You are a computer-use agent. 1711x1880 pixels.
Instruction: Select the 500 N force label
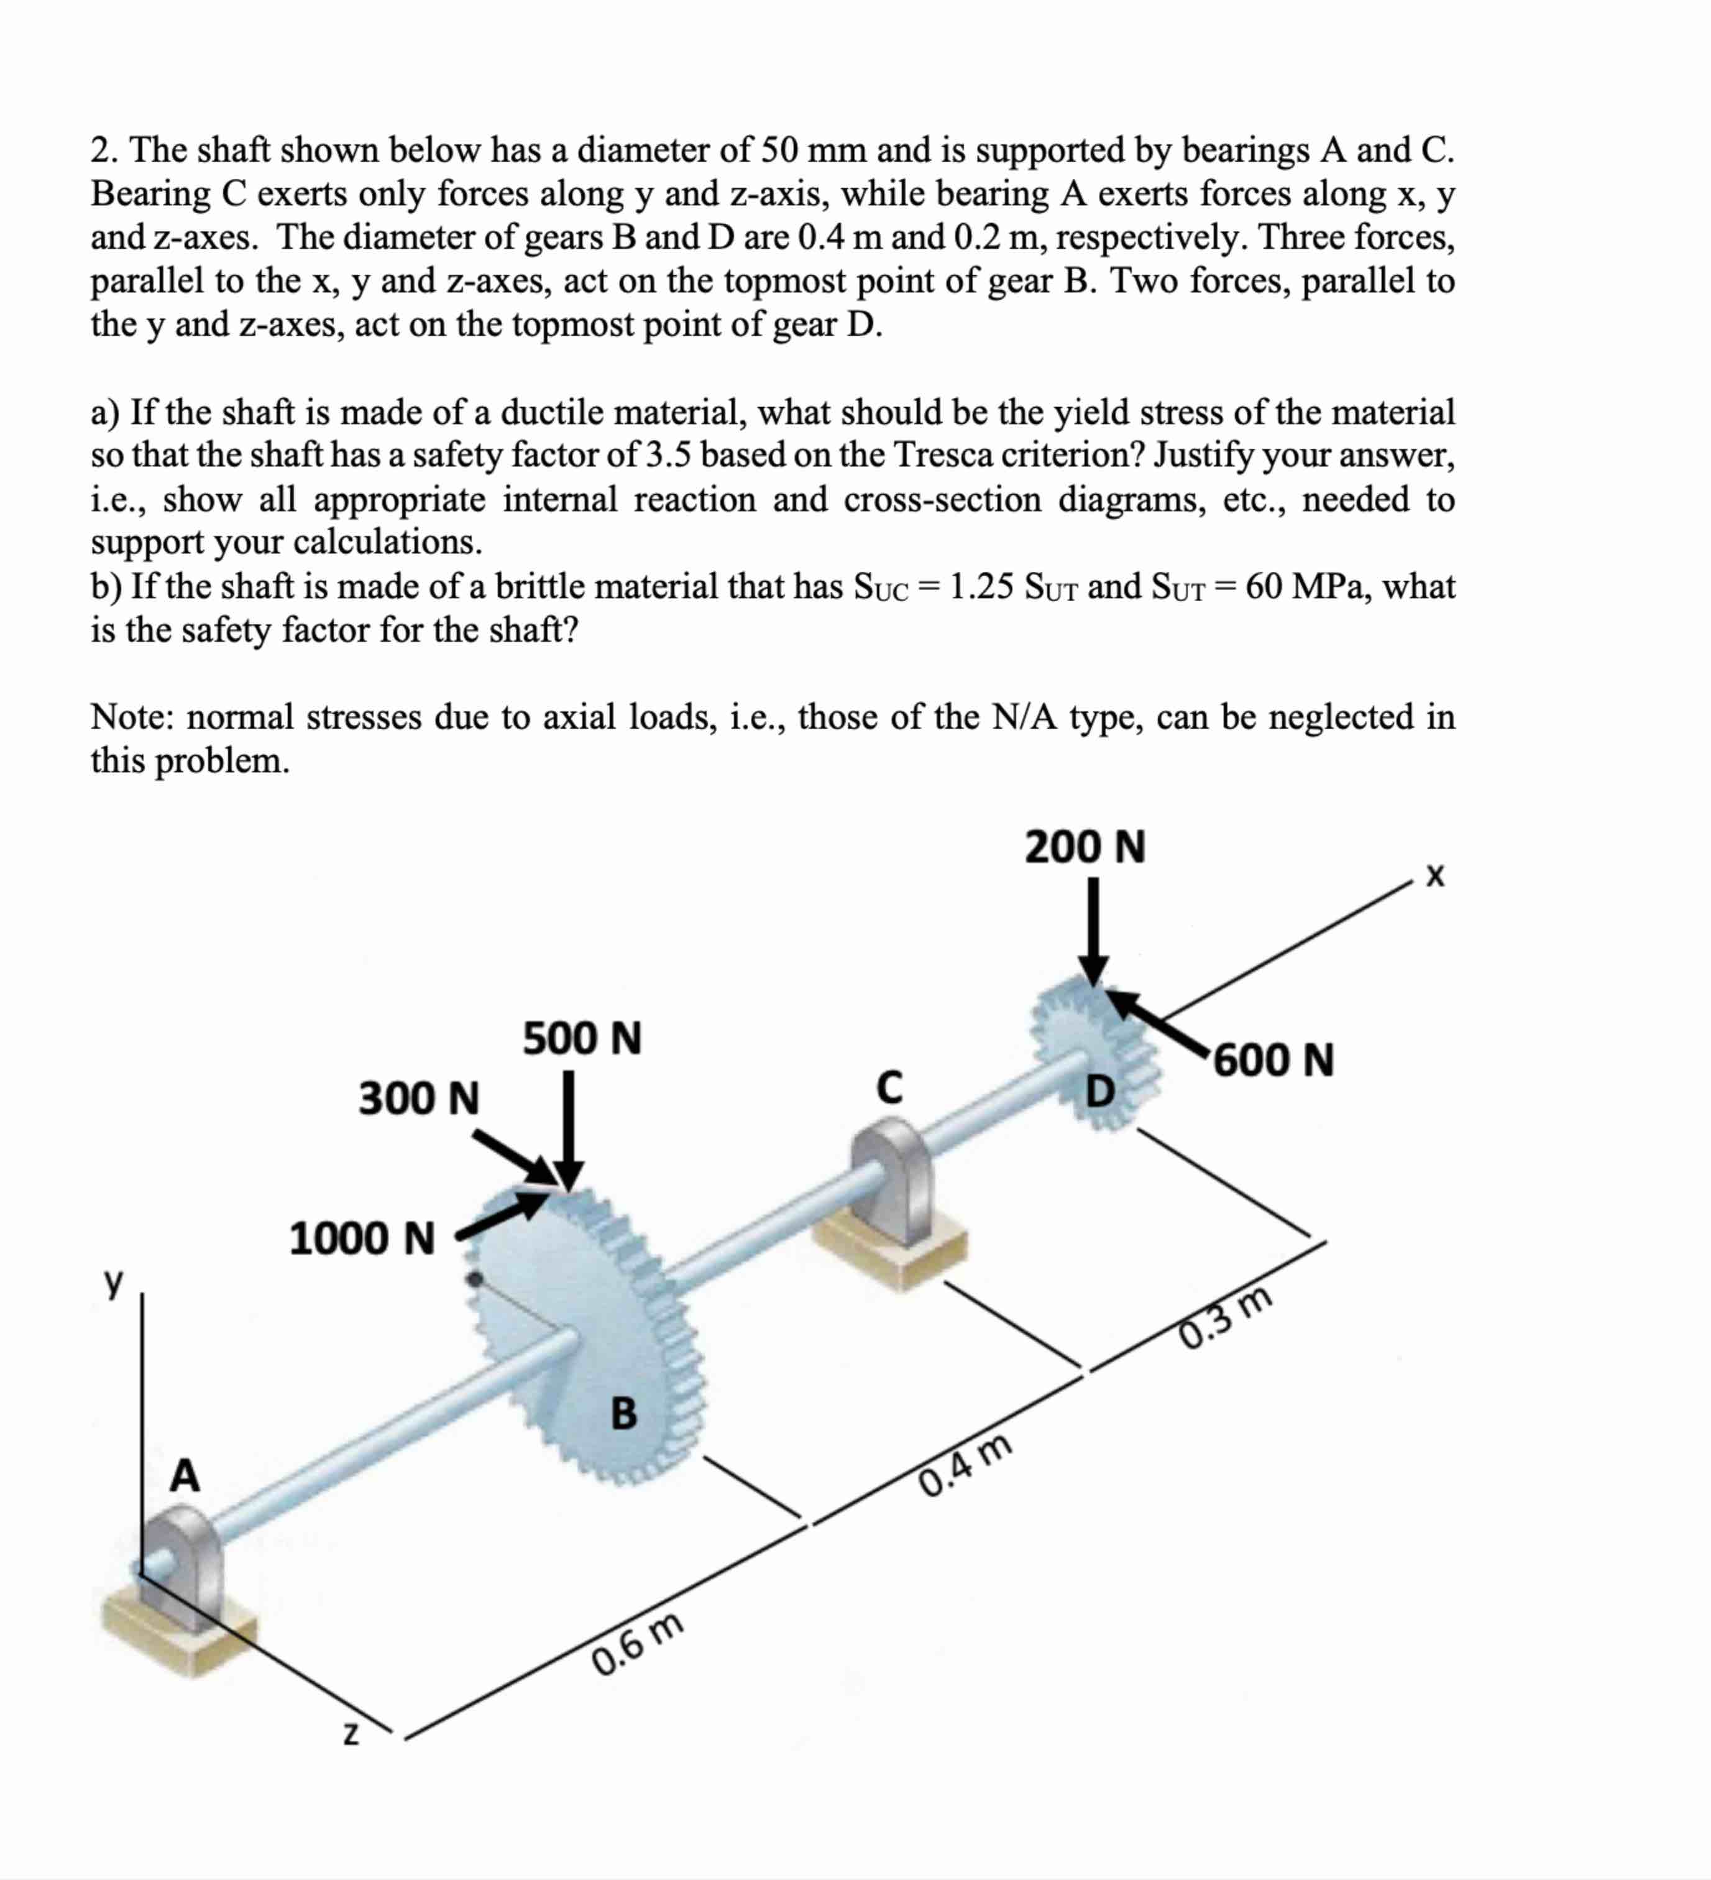click(x=582, y=1039)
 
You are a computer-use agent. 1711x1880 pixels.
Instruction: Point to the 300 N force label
click(x=419, y=1098)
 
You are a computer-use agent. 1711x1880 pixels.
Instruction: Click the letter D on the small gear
click(x=1100, y=1091)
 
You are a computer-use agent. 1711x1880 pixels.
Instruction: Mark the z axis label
click(x=351, y=1735)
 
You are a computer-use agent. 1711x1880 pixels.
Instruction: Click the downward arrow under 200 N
click(x=1094, y=933)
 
